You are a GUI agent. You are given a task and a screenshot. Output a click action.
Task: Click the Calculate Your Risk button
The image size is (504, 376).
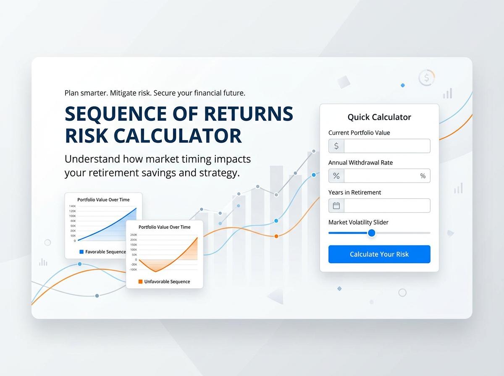(379, 254)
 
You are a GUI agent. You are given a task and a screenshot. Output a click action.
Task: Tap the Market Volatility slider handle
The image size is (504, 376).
(371, 233)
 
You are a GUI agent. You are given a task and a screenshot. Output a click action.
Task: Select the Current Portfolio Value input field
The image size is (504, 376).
(386, 146)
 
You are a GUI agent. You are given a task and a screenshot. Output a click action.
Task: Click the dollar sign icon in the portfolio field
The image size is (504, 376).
(336, 146)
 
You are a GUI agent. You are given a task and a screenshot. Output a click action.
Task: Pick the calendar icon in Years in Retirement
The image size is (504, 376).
(336, 206)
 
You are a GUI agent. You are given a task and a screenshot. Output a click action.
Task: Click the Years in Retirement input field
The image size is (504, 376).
(386, 206)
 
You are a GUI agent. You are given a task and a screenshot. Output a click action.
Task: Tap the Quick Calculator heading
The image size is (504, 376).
(379, 117)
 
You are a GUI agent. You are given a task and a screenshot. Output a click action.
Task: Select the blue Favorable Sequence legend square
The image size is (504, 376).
(81, 252)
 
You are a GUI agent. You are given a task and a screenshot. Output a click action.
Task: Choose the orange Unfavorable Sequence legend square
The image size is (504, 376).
(141, 282)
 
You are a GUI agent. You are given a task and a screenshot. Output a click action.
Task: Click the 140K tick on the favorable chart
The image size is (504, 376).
(72, 206)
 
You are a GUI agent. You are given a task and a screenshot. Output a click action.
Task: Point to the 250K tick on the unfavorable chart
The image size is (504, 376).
(134, 235)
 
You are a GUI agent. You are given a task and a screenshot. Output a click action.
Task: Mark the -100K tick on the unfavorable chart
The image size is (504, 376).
(133, 269)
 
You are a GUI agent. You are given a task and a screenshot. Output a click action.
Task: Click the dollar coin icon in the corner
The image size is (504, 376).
(426, 78)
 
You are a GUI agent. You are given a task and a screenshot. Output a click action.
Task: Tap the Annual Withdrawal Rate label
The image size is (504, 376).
(360, 162)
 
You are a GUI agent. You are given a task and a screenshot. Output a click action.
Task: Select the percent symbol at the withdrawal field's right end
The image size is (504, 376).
(423, 176)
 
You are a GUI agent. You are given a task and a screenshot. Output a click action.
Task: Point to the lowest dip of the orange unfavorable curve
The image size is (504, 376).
(156, 272)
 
